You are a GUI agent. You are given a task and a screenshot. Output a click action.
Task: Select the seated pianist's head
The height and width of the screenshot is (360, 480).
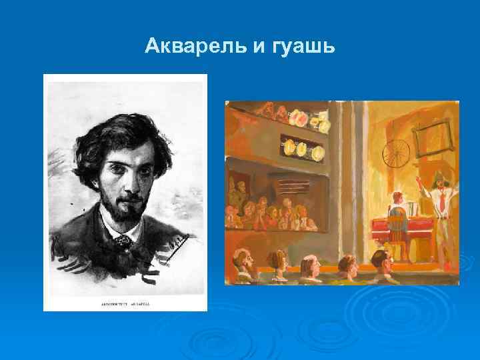point(399,197)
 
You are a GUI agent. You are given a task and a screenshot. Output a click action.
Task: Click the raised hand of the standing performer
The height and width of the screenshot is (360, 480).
point(418,179)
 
